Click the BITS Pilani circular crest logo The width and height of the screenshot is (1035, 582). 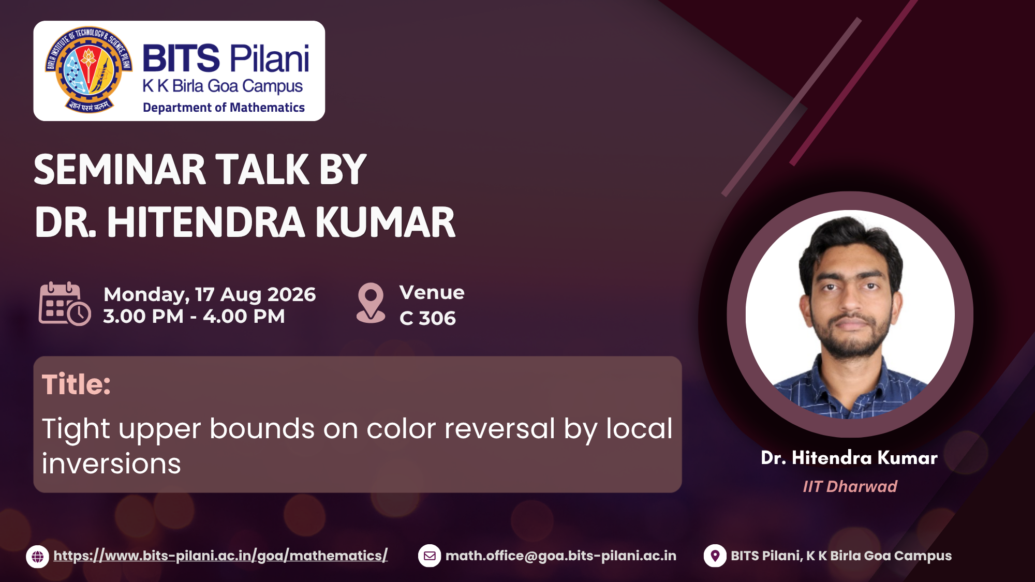88,70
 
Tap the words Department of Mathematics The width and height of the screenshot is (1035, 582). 224,108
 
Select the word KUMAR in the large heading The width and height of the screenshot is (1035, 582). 385,222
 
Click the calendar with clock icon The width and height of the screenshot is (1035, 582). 65,304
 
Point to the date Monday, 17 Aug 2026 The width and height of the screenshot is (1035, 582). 210,294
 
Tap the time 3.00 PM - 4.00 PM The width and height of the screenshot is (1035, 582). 194,316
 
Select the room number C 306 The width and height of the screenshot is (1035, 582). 427,318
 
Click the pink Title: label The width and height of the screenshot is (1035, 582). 76,384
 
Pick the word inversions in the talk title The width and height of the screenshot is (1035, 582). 111,464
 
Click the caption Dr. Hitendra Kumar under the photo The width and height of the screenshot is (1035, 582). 849,458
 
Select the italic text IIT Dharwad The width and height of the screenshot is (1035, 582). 850,486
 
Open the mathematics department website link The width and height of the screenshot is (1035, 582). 220,556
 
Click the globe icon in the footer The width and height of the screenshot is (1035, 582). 38,557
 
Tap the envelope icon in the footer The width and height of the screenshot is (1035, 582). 430,556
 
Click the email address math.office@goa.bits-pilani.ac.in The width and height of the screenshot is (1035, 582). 561,556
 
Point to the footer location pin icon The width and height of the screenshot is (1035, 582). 715,556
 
